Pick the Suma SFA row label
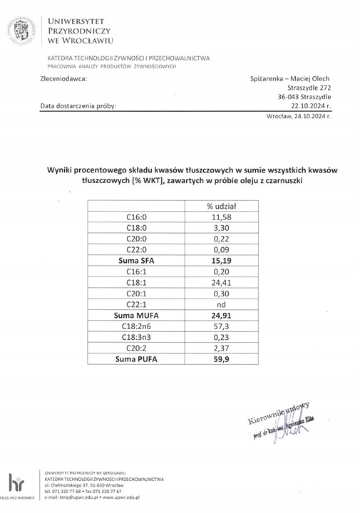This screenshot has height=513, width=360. (136, 261)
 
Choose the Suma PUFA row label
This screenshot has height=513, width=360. (136, 358)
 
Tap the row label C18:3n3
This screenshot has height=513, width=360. (136, 336)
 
